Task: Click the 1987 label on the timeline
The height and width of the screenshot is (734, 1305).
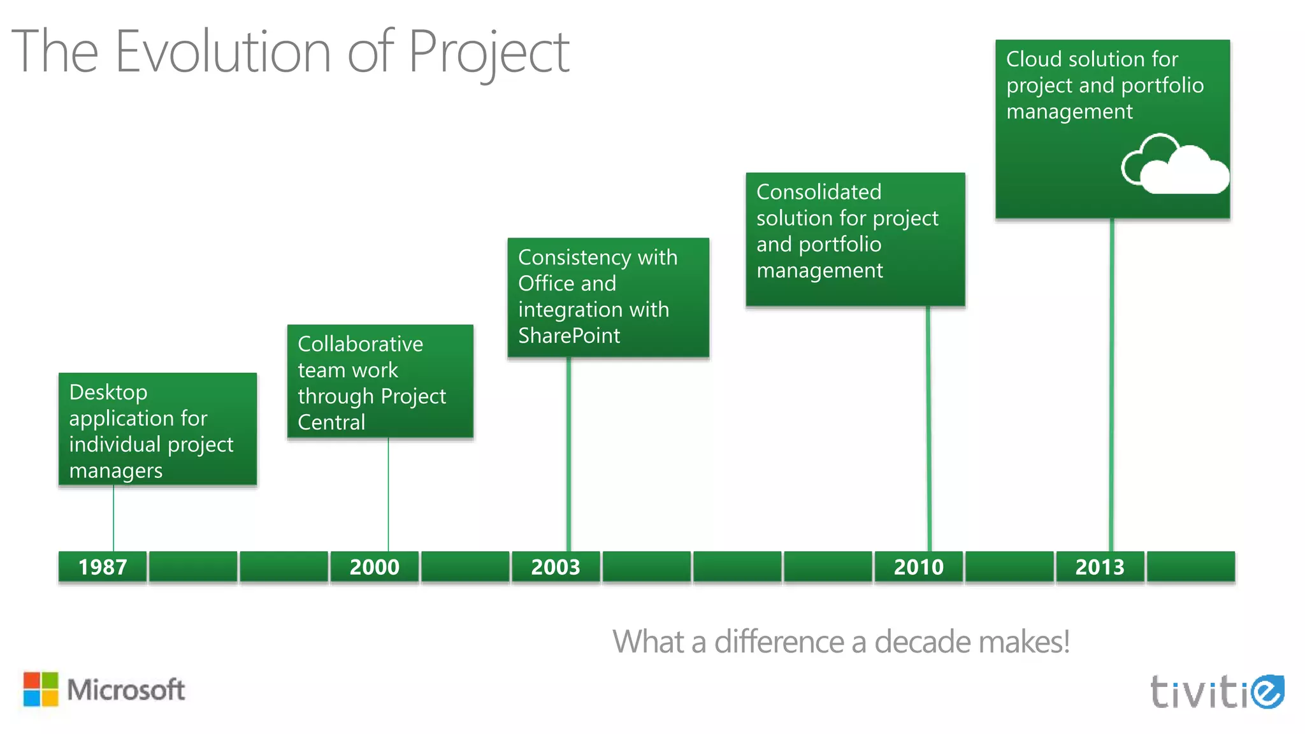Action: (x=103, y=566)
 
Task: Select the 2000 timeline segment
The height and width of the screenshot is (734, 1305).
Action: (x=374, y=566)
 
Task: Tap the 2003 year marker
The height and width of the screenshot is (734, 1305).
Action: (x=556, y=566)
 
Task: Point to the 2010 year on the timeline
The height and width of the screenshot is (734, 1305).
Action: (x=918, y=566)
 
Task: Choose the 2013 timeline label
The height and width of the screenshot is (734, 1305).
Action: (x=1100, y=566)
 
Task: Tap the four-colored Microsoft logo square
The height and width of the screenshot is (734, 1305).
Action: (x=41, y=689)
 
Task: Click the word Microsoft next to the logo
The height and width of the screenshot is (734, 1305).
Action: (x=126, y=689)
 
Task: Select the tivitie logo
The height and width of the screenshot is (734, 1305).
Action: (x=1216, y=691)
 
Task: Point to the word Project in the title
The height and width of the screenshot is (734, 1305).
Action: (x=488, y=52)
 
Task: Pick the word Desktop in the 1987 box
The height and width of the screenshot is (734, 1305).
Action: (x=108, y=392)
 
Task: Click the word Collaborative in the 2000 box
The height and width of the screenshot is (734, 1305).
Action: (x=360, y=344)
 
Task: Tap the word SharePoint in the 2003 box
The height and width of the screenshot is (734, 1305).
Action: (x=569, y=336)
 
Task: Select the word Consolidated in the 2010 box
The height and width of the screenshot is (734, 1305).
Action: (x=819, y=192)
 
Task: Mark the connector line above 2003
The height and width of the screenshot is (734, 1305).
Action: (x=568, y=452)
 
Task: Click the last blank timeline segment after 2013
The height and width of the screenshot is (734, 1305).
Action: (x=1190, y=566)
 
